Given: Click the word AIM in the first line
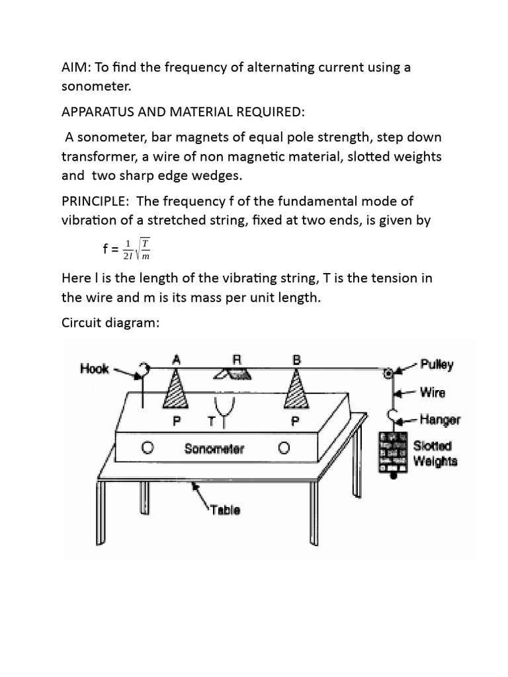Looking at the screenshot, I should pyautogui.click(x=75, y=67).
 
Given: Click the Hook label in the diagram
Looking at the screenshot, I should pyautogui.click(x=95, y=368).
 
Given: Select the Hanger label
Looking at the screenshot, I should pyautogui.click(x=441, y=419).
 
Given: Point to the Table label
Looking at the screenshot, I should pyautogui.click(x=226, y=510).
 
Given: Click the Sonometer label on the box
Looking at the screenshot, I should pyautogui.click(x=214, y=449).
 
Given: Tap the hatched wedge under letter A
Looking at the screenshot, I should pyautogui.click(x=175, y=390).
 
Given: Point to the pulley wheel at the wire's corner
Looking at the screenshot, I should pyautogui.click(x=390, y=373).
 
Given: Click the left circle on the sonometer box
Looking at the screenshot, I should pyautogui.click(x=148, y=448).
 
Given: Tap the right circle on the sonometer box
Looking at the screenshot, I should pyautogui.click(x=284, y=448).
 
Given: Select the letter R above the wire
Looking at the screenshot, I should pyautogui.click(x=237, y=360).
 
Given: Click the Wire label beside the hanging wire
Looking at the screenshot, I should pyautogui.click(x=433, y=392).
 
